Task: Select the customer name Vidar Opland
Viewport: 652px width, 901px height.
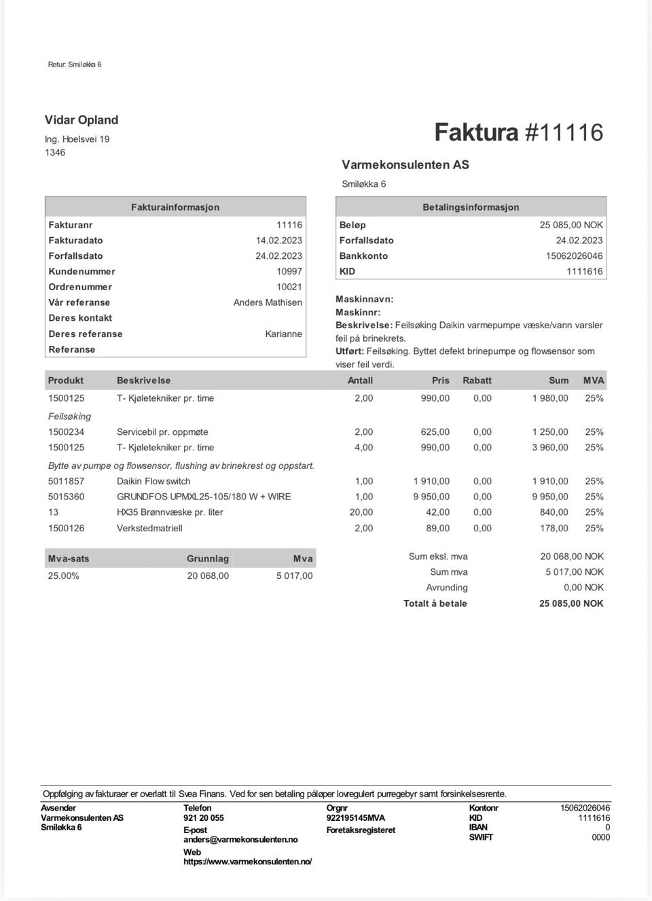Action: pos(81,120)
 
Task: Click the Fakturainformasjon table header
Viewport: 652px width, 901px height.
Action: pos(175,207)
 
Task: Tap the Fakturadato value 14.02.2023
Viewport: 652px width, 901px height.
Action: pos(278,241)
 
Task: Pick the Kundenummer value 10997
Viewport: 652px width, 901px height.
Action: pos(289,271)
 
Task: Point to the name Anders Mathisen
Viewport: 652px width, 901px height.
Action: pos(268,302)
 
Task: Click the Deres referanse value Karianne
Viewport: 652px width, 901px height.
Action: pos(283,334)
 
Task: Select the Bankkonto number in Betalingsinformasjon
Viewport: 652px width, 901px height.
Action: pos(574,256)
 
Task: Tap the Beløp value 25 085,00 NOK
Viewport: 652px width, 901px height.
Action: pos(571,225)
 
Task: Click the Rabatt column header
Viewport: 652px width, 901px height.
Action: pos(477,381)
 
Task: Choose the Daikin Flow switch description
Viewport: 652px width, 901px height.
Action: pos(153,481)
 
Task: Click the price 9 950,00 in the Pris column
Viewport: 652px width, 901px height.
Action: pos(431,497)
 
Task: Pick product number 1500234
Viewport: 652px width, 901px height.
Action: pos(66,432)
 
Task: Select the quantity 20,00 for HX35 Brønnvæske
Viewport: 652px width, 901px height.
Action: pos(361,512)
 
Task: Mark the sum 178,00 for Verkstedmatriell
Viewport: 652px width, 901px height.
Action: pos(554,528)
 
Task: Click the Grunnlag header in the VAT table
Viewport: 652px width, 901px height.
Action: pos(208,559)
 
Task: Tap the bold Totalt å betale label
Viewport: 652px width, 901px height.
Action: pos(435,603)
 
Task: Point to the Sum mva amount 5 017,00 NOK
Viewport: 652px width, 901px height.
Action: pos(574,572)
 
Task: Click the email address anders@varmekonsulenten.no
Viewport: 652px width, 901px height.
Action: pos(240,840)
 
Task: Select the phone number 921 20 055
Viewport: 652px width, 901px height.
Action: pos(203,818)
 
